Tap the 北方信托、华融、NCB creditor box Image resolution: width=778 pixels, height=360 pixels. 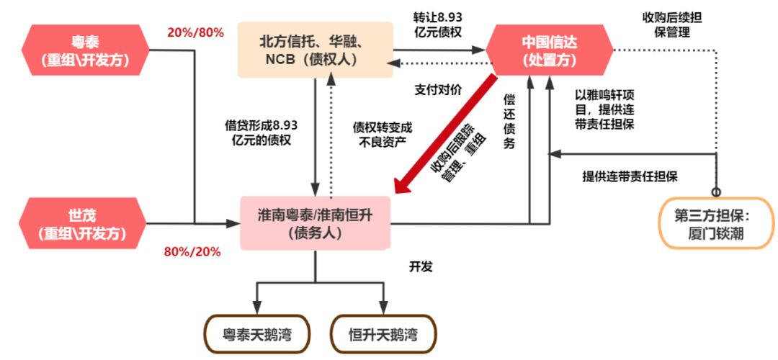(x=316, y=50)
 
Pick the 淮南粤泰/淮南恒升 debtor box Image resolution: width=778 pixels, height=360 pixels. (x=316, y=222)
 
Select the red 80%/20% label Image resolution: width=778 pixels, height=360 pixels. (x=192, y=251)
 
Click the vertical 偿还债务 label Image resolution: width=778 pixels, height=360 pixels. (x=509, y=125)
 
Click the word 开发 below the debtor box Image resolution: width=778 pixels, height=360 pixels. (x=421, y=266)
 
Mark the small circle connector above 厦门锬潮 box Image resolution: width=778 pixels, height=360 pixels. (x=716, y=192)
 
